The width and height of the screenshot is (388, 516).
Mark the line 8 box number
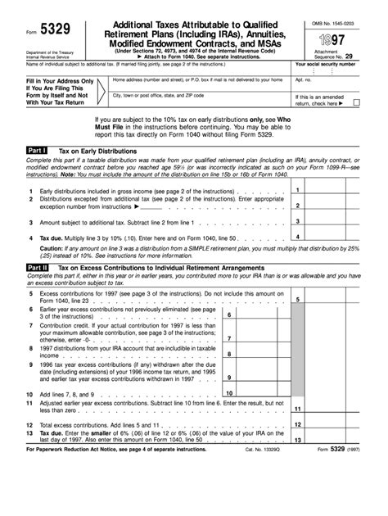[228, 354]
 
